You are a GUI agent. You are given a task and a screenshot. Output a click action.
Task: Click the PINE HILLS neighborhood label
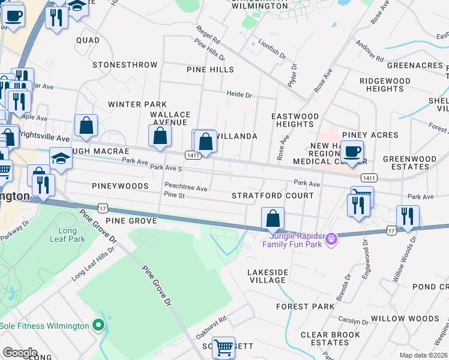[x=210, y=70]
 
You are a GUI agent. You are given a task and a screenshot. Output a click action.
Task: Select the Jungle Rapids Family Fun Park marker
[x=330, y=240]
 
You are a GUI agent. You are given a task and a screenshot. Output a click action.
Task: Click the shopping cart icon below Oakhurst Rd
[x=223, y=347]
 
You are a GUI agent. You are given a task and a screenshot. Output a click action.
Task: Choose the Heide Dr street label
[x=239, y=94]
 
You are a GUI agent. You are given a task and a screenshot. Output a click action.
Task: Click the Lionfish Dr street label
[x=268, y=49]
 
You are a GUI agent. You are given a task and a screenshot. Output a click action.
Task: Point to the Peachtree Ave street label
[x=186, y=188]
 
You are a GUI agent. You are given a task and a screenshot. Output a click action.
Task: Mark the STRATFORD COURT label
[x=273, y=196]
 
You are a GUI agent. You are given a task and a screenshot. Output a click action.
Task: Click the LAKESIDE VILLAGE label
[x=268, y=276]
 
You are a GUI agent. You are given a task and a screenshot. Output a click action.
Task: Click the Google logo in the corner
[x=20, y=353]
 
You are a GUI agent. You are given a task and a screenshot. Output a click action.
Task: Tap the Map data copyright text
[x=423, y=355]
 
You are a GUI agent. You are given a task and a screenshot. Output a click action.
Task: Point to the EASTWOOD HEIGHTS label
[x=295, y=120]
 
